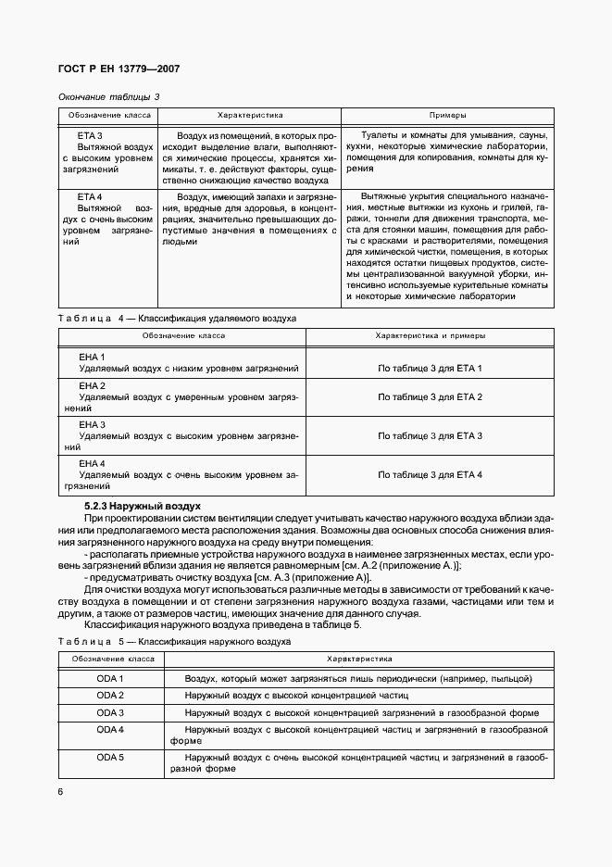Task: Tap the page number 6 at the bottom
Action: [60, 792]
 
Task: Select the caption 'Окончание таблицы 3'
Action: [108, 96]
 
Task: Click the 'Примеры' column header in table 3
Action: [448, 115]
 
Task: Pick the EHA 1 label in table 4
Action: [92, 357]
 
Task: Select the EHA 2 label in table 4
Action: [92, 384]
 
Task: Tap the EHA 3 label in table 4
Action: [92, 423]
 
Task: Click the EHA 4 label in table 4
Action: [92, 462]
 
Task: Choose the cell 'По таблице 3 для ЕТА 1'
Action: [431, 369]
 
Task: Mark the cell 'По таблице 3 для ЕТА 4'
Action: [431, 474]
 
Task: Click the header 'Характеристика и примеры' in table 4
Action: [430, 335]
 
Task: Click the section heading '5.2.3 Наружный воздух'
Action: [143, 506]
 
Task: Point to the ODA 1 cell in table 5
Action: [110, 679]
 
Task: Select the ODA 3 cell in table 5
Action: [110, 712]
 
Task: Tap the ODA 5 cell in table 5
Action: [110, 757]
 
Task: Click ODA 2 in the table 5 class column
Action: [110, 696]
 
